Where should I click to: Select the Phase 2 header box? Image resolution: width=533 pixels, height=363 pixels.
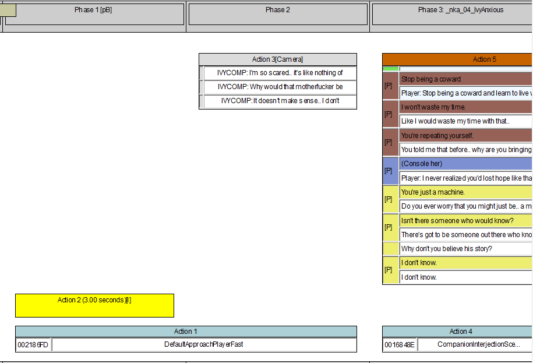tap(278, 14)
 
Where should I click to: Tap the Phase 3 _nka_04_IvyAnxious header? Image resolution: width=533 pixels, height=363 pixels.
tap(453, 14)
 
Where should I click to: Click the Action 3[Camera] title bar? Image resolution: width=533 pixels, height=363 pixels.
tap(278, 59)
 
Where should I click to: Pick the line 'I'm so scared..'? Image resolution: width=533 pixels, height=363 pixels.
tap(280, 73)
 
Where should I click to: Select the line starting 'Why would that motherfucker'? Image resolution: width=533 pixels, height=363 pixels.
tap(280, 87)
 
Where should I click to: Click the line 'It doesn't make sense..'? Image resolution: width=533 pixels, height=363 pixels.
tap(280, 101)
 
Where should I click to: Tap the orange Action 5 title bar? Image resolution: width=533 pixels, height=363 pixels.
tap(457, 59)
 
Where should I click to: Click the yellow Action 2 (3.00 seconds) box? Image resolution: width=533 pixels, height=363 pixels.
tap(94, 305)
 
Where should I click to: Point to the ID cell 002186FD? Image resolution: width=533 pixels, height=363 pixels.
tap(33, 345)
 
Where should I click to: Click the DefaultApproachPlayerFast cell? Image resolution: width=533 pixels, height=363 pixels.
tap(204, 344)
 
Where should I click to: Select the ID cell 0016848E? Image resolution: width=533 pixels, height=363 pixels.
tap(400, 345)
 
